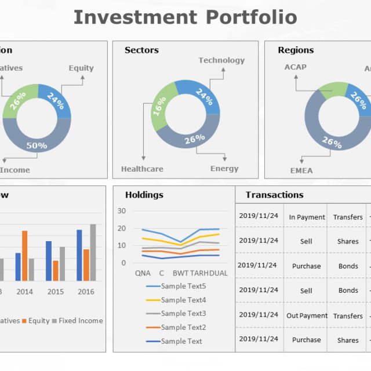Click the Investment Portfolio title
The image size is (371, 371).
click(185, 17)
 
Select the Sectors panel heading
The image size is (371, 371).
click(141, 50)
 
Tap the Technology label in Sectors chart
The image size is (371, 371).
click(221, 60)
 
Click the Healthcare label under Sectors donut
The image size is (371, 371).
click(142, 169)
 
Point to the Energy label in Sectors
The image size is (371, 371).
click(224, 169)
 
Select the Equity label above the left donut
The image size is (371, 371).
click(81, 68)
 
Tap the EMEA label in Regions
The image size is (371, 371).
click(301, 170)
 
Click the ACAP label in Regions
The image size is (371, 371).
click(295, 67)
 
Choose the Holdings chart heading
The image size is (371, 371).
click(144, 195)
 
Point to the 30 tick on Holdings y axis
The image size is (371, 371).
click(121, 211)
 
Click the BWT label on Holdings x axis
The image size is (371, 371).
click(180, 273)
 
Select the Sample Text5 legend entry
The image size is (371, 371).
click(183, 286)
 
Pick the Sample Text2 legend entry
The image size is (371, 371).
click(183, 328)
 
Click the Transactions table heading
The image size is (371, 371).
click(274, 195)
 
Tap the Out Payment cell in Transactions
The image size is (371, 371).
click(307, 316)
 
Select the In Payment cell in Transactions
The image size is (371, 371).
click(307, 217)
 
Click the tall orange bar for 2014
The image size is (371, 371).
click(25, 256)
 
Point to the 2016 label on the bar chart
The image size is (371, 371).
click(86, 292)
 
